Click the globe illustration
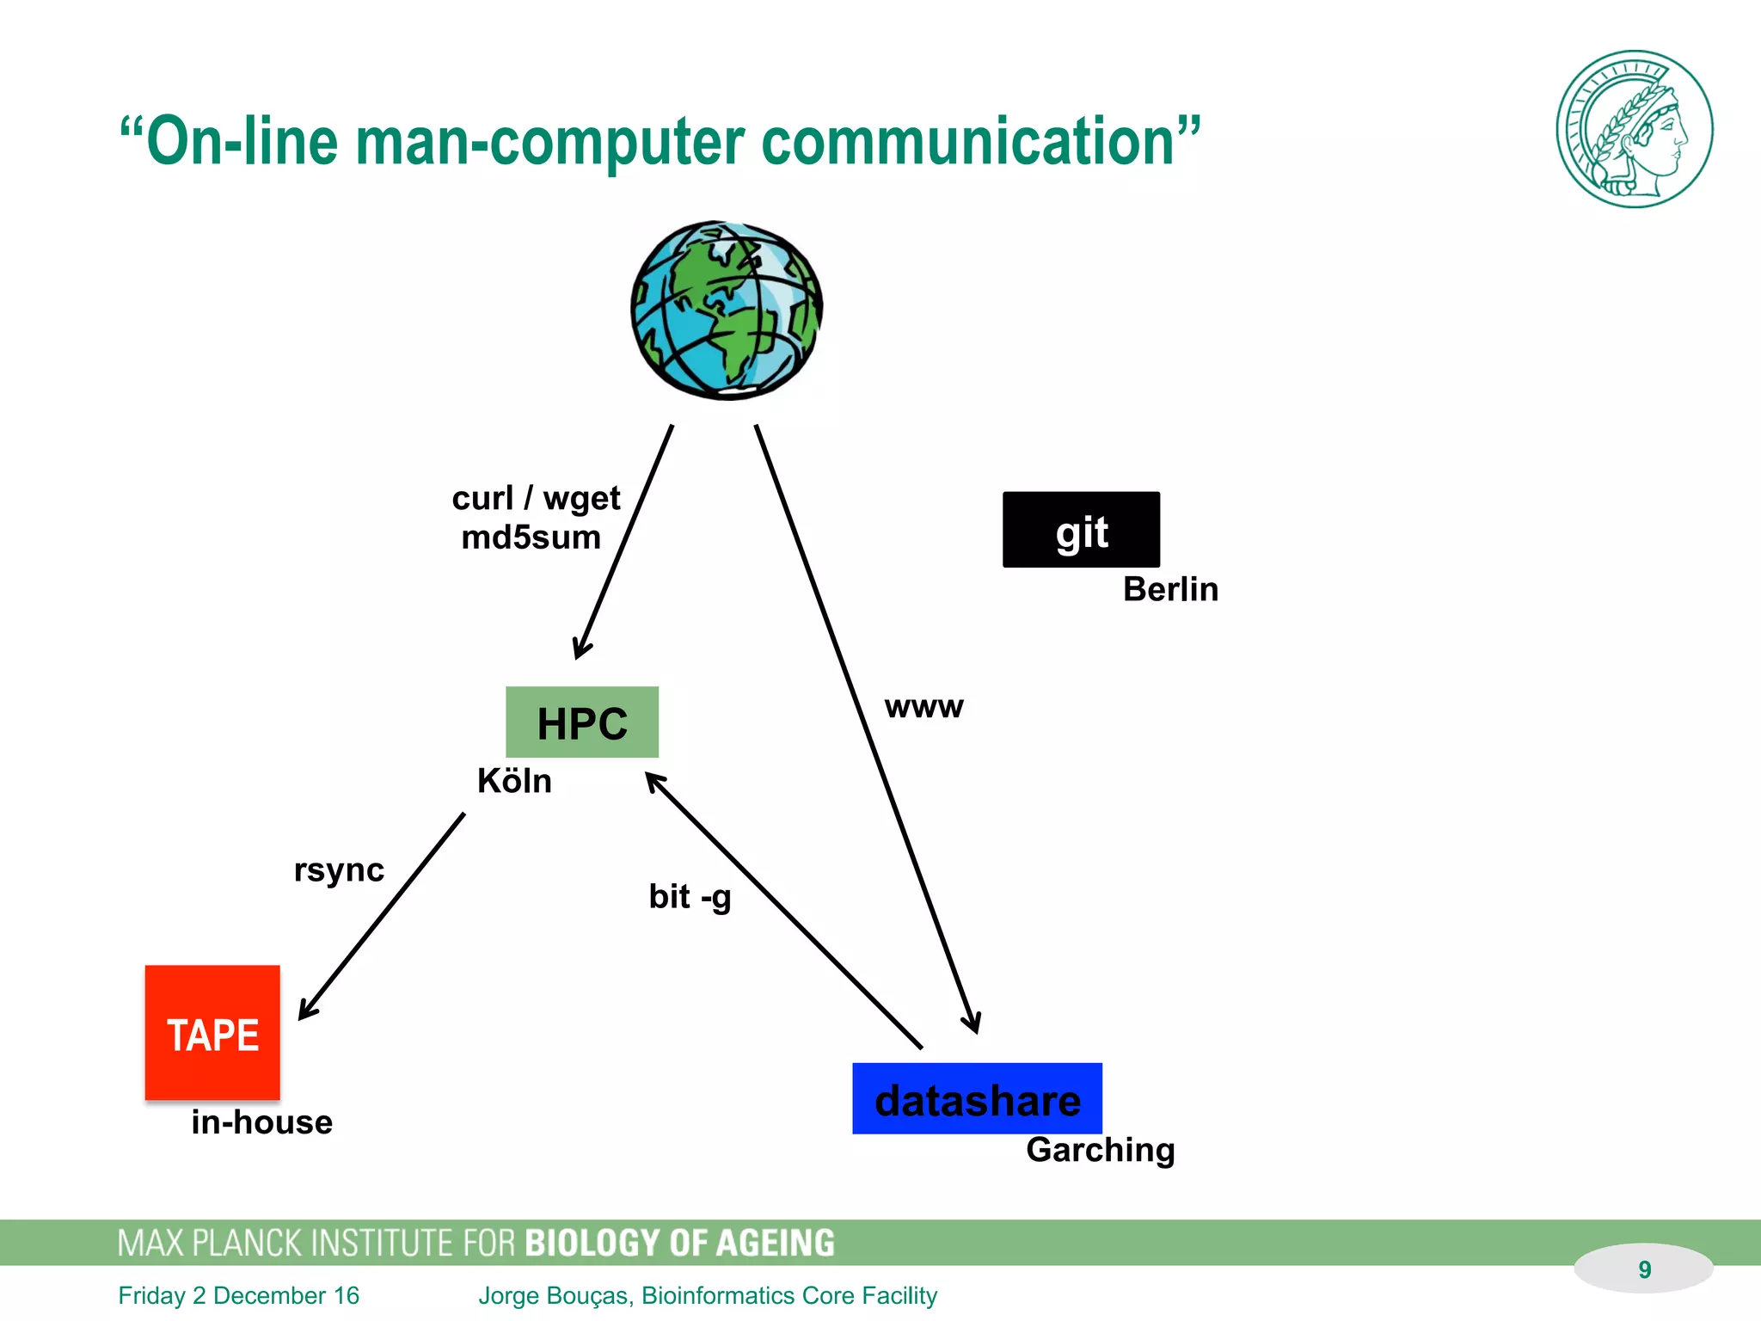727,310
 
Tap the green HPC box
582,722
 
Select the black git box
1081,530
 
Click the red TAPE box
212,1032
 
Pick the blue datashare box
977,1099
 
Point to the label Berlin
1170,590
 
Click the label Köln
514,781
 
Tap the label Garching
1100,1150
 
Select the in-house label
261,1122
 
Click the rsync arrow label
339,870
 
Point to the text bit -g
690,897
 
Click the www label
924,707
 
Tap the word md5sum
531,538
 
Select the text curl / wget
536,498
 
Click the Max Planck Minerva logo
1634,129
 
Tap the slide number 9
1644,1269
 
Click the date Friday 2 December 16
238,1295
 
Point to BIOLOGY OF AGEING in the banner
679,1244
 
